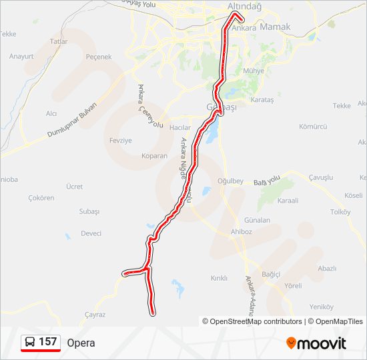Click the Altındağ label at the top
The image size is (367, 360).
245,6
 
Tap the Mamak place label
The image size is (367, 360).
276,27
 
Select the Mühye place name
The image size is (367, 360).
254,71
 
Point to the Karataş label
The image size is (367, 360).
262,99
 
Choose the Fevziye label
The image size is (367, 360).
121,141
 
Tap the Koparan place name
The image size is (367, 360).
154,155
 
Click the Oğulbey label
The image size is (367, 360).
231,181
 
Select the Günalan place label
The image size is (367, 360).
257,219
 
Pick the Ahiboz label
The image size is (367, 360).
241,232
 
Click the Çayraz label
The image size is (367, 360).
95,314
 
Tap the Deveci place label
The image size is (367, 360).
91,233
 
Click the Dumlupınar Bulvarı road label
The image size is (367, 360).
72,121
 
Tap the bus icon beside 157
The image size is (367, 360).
30,342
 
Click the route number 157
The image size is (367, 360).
47,342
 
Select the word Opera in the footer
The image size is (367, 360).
81,343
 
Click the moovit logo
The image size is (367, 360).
316,343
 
